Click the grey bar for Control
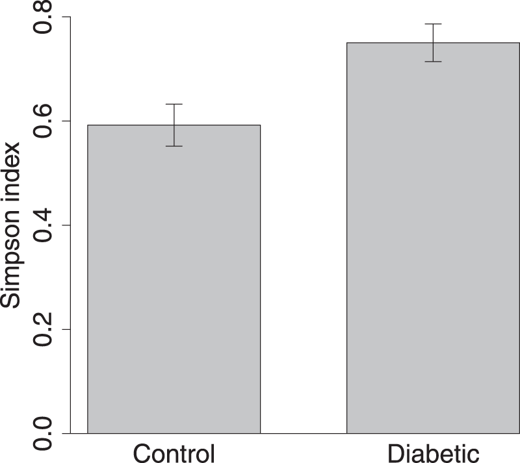[x=174, y=279]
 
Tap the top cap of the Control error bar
[x=174, y=104]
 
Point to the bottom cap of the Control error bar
[x=174, y=146]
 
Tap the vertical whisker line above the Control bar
[x=174, y=114]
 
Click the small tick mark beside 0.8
[x=65, y=18]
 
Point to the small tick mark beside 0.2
[x=65, y=329]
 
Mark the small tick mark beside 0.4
[x=65, y=225]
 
